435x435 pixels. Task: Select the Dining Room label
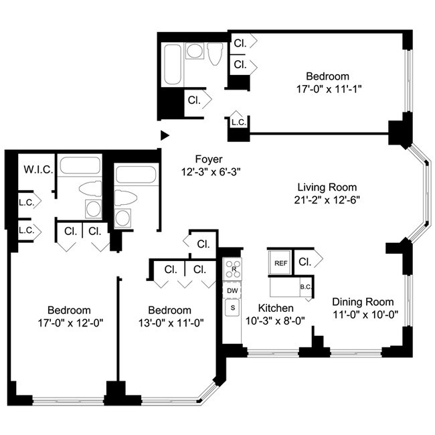[x=363, y=302]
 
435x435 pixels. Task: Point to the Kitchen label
[x=276, y=308]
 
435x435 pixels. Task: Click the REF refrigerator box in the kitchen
[x=280, y=263]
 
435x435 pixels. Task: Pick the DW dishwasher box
[x=232, y=291]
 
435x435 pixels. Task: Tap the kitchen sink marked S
[x=232, y=308]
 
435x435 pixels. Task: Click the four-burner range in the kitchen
[x=232, y=269]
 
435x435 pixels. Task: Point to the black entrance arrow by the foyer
[x=165, y=135]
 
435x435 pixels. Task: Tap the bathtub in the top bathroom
[x=172, y=65]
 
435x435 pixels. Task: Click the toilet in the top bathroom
[x=215, y=54]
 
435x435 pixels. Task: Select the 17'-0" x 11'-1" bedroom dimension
[x=327, y=88]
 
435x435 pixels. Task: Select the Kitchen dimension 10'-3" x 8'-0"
[x=276, y=320]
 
